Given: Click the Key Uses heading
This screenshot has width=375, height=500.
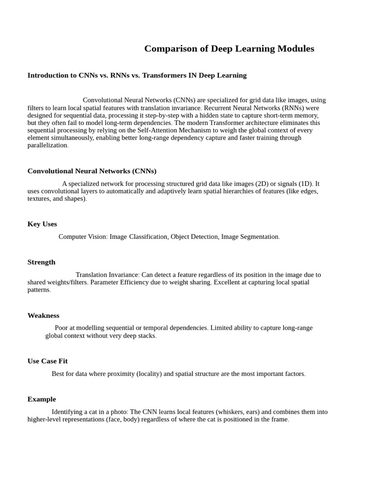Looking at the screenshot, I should tap(42, 224).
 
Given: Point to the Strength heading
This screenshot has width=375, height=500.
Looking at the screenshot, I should tap(42, 262).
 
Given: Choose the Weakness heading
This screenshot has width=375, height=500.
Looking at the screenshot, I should tap(43, 315).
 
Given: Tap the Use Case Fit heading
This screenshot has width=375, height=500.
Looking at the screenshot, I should tap(47, 361).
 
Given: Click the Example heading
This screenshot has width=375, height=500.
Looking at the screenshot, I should tap(42, 399).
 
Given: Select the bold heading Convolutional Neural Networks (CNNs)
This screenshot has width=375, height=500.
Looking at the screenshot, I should tap(92, 171).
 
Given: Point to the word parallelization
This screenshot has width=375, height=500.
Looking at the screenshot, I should tap(47, 146).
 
